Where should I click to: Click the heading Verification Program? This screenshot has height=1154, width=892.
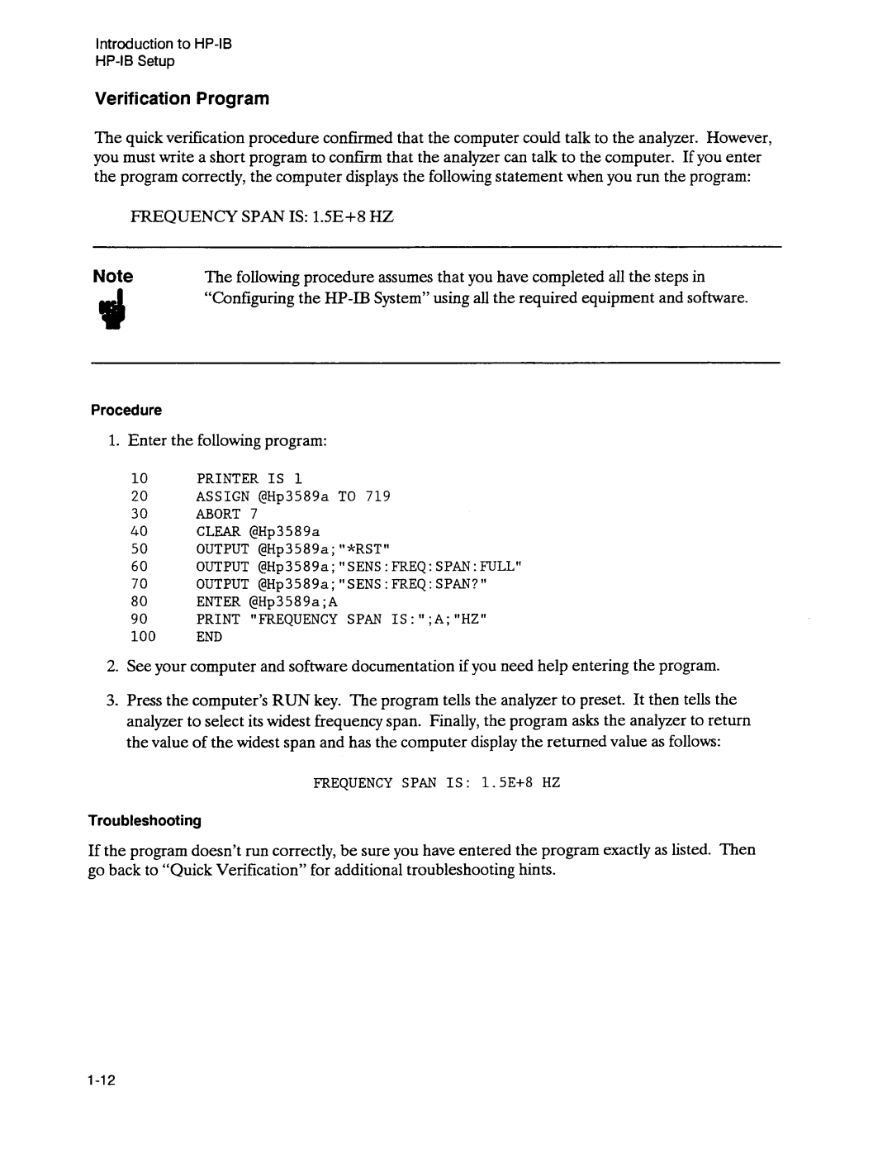(183, 99)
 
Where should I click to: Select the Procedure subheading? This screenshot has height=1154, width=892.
(126, 411)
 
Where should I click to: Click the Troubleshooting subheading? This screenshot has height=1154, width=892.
(145, 820)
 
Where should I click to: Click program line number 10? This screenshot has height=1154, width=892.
(139, 478)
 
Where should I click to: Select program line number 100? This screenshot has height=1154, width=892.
(142, 637)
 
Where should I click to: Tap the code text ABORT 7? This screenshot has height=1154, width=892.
(227, 514)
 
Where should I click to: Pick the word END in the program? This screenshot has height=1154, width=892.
(209, 637)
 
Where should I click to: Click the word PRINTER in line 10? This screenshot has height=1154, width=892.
(227, 478)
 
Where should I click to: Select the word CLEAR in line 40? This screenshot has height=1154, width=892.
(218, 531)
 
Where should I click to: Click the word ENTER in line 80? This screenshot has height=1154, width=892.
(218, 601)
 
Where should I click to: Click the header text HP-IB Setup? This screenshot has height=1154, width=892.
(135, 62)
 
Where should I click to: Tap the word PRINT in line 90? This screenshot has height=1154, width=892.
(218, 619)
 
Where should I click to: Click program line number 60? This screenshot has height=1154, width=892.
(139, 566)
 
